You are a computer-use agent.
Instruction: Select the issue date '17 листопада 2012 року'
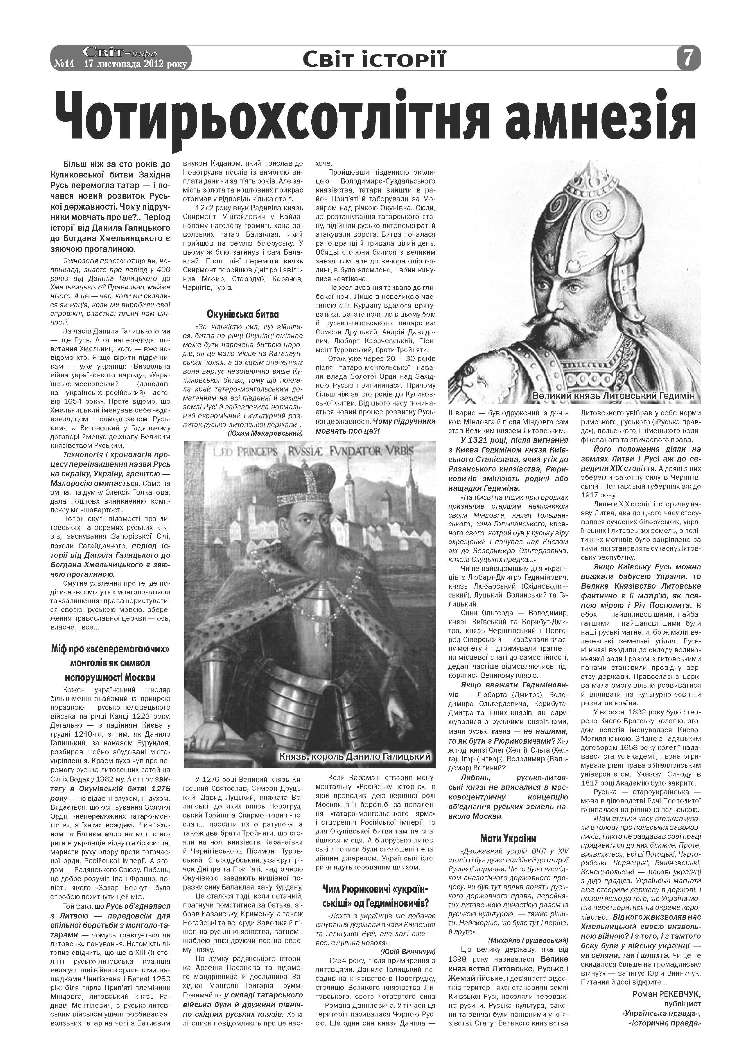135,64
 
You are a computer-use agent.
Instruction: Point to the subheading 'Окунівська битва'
243,315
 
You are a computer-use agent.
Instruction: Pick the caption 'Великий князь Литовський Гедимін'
614,396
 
